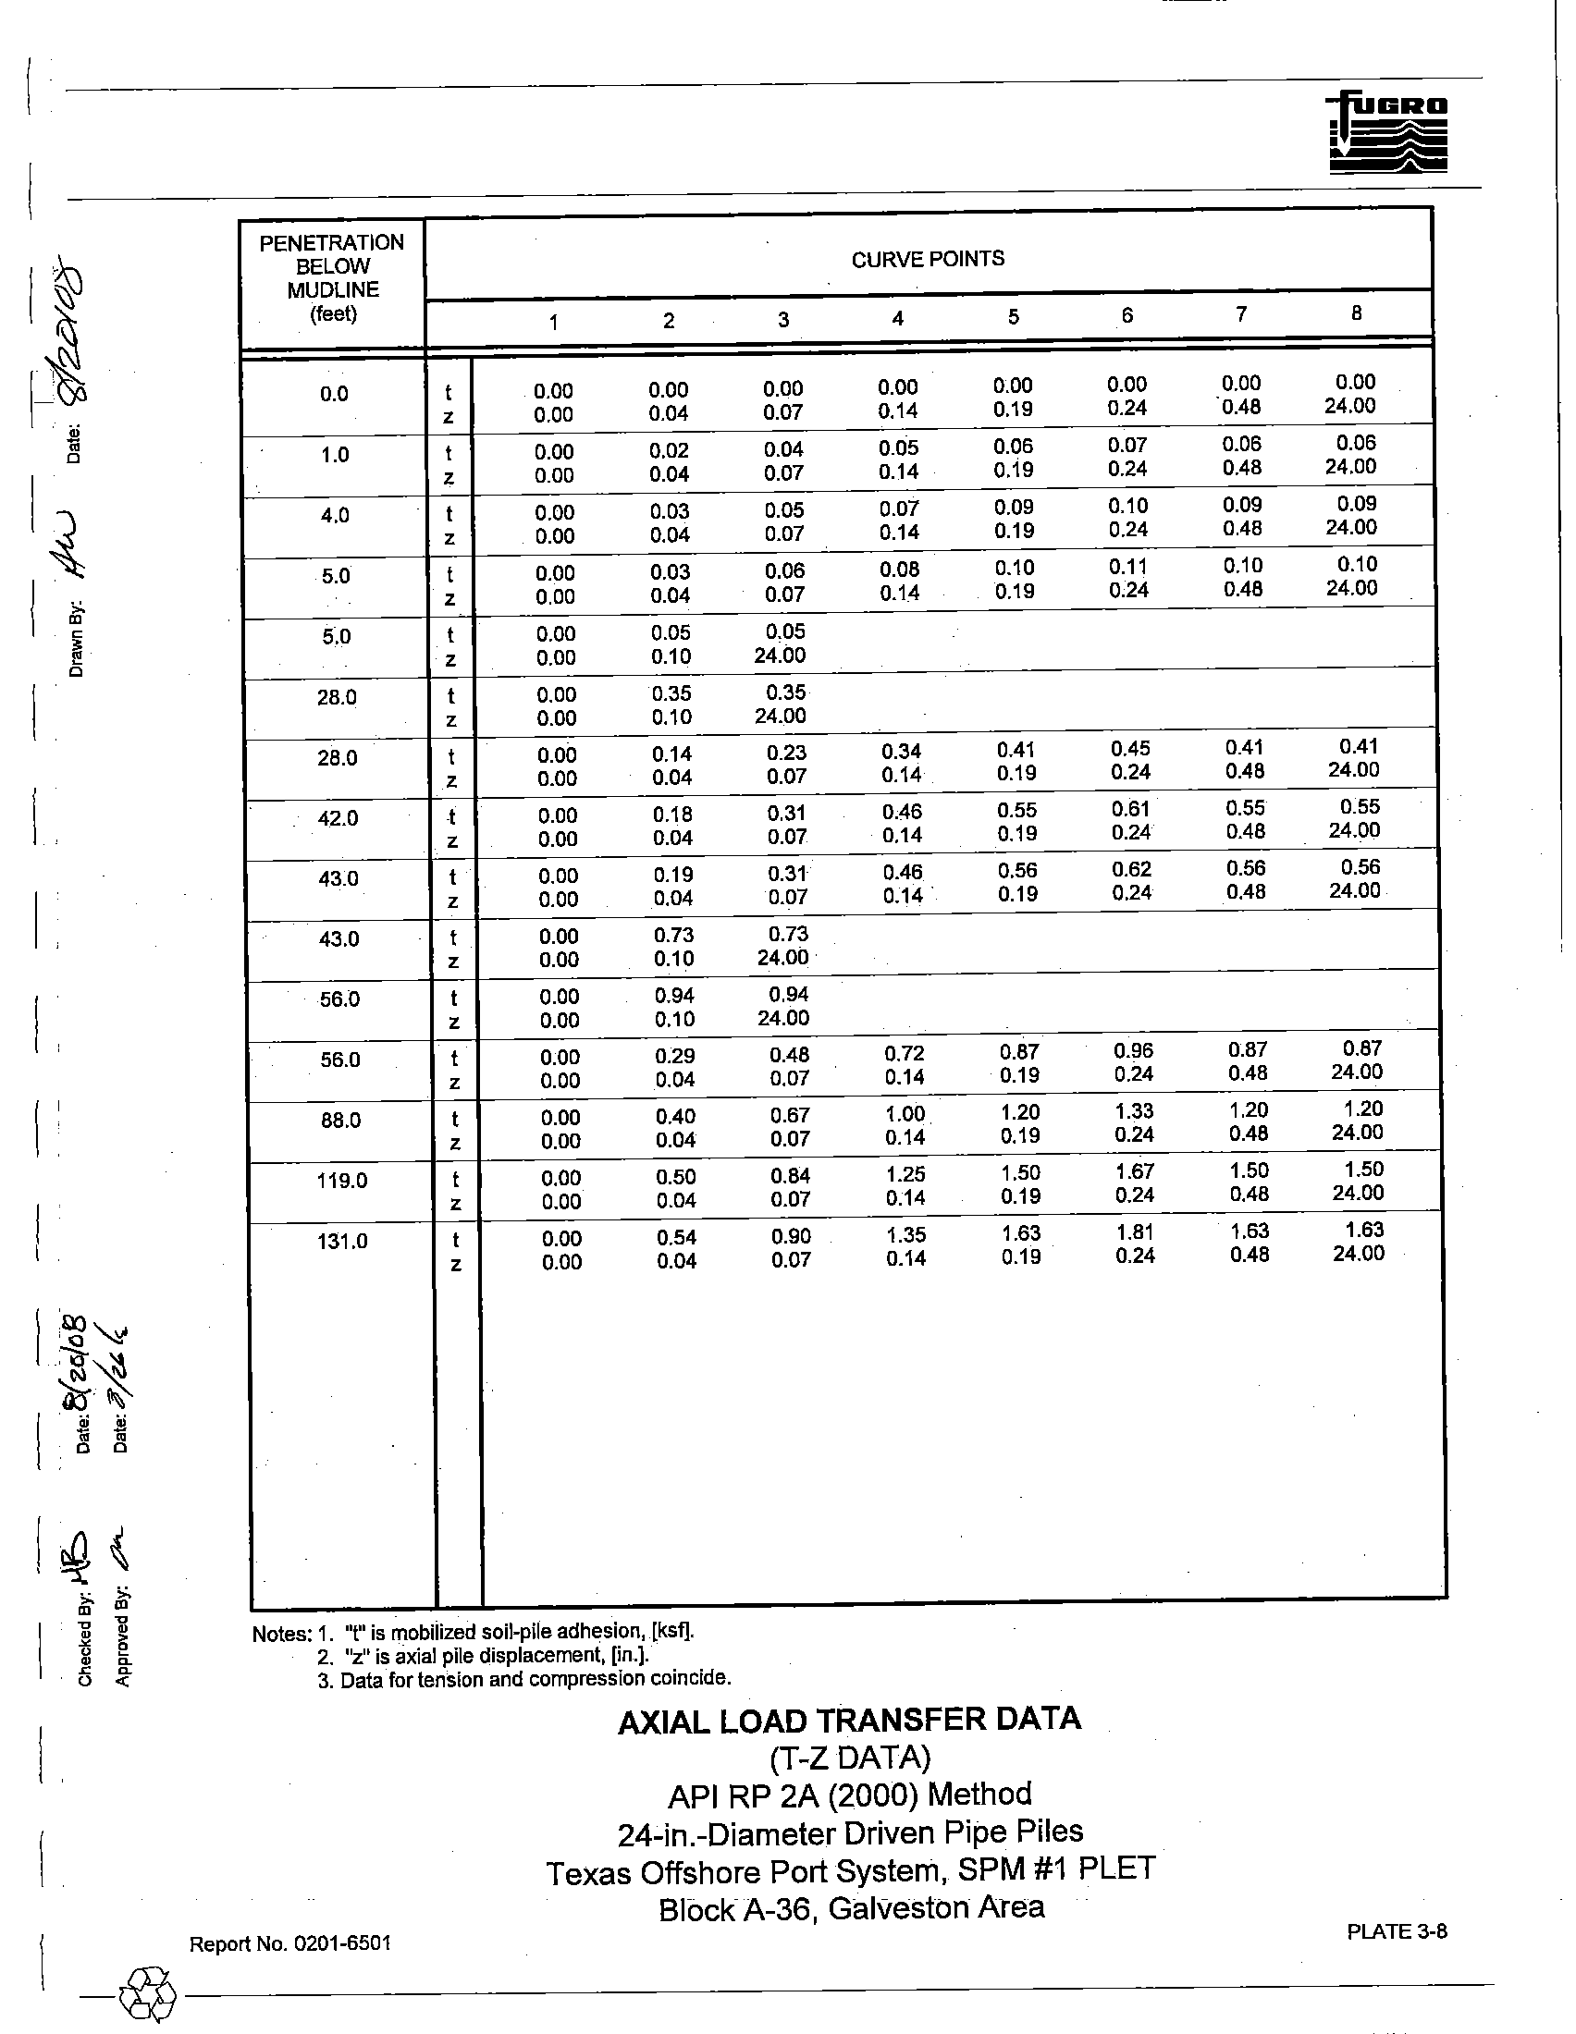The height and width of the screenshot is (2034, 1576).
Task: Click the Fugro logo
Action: click(1388, 132)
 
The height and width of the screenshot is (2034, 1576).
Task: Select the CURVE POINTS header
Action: click(928, 259)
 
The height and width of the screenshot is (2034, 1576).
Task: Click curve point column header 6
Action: click(1127, 315)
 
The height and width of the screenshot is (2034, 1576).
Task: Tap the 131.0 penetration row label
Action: click(342, 1242)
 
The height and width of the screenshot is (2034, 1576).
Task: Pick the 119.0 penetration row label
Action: click(342, 1181)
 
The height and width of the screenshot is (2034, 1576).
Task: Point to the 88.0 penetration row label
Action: click(340, 1121)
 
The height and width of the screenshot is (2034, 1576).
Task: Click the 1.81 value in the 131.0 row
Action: click(1135, 1232)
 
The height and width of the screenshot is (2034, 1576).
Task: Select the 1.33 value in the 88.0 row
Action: click(1134, 1111)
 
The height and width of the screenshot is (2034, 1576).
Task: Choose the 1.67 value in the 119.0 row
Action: click(1135, 1171)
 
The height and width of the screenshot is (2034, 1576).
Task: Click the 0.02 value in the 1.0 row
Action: click(669, 451)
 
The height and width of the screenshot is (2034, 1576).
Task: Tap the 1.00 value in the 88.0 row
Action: click(905, 1114)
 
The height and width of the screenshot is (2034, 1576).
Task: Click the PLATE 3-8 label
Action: click(1397, 1931)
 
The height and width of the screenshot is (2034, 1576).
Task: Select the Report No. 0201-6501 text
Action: click(289, 1943)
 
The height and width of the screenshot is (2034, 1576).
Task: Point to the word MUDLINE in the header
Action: click(333, 289)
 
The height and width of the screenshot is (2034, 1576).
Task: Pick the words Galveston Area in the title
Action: click(935, 1908)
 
